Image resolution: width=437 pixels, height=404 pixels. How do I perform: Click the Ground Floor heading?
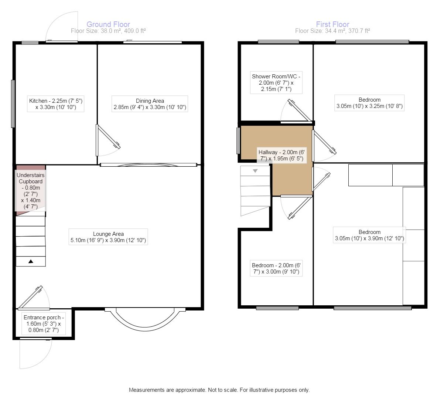pyautogui.click(x=108, y=24)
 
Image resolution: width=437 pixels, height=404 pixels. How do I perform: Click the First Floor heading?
pyautogui.click(x=332, y=24)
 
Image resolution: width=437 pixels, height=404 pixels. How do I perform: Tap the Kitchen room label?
pyautogui.click(x=56, y=104)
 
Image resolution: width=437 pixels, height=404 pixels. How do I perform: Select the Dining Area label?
pyautogui.click(x=150, y=104)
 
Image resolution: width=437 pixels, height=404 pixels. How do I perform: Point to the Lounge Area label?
pyautogui.click(x=108, y=237)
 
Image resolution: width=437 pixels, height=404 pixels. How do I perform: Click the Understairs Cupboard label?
pyautogui.click(x=31, y=191)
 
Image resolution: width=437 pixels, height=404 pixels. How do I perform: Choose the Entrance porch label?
pyautogui.click(x=44, y=324)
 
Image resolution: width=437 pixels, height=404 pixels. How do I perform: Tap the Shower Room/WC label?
pyautogui.click(x=276, y=82)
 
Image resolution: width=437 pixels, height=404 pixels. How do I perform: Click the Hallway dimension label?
pyautogui.click(x=281, y=155)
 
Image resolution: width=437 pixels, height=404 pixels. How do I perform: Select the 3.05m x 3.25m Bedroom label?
pyautogui.click(x=369, y=103)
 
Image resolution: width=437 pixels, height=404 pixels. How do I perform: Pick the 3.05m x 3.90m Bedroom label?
pyautogui.click(x=369, y=235)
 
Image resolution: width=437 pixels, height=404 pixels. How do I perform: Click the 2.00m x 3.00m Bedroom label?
pyautogui.click(x=276, y=268)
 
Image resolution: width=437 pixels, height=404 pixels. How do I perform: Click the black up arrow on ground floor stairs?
pyautogui.click(x=31, y=262)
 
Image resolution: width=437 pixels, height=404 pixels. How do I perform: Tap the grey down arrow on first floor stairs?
pyautogui.click(x=255, y=171)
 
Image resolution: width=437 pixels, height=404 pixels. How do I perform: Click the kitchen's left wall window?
pyautogui.click(x=13, y=104)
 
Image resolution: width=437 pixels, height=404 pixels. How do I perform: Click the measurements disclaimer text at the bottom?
pyautogui.click(x=219, y=390)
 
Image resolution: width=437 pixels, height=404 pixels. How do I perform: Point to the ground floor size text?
pyautogui.click(x=108, y=31)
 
